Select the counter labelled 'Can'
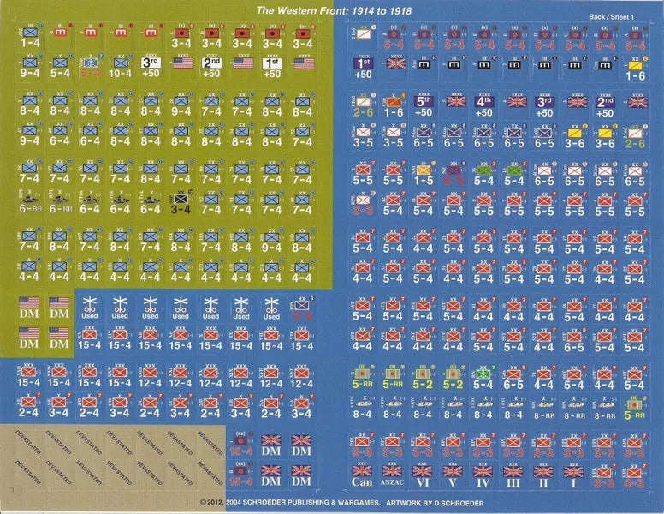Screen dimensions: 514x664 361,475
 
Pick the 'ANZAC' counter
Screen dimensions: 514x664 392,475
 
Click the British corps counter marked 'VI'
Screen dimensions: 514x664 423,475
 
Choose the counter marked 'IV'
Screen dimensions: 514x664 483,475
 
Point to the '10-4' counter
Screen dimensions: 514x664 120,68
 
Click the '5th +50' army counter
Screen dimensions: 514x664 424,105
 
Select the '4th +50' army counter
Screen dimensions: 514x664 483,105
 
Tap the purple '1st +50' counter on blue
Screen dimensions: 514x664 362,68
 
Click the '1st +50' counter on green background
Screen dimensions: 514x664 271,68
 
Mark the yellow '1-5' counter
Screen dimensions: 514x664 424,176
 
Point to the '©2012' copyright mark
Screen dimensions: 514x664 211,503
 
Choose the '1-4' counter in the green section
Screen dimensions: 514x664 30,37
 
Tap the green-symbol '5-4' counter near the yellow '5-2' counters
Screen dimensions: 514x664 483,379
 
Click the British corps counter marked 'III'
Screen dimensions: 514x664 513,475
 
